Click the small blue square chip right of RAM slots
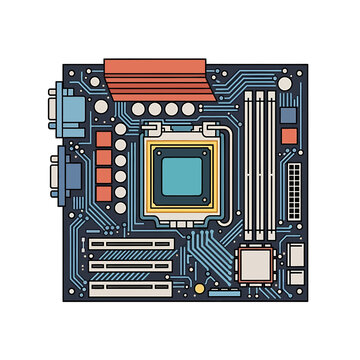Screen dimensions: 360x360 [x=289, y=112]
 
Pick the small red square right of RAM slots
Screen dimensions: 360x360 [x=289, y=135]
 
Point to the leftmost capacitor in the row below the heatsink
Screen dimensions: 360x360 [x=133, y=109]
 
